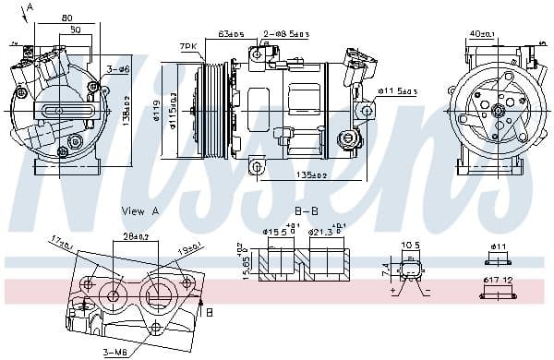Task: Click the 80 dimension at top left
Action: (x=66, y=18)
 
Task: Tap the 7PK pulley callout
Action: (x=188, y=45)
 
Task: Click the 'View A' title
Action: (x=140, y=211)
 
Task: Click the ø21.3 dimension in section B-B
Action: (x=324, y=232)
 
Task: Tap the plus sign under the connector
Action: (x=393, y=291)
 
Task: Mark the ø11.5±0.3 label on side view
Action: (x=398, y=91)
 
